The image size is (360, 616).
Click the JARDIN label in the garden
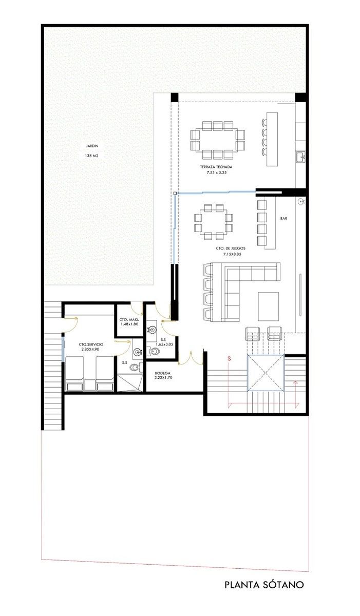click(92, 146)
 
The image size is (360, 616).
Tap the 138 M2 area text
click(92, 156)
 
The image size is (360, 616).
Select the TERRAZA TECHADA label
click(216, 167)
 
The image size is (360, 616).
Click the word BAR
click(284, 219)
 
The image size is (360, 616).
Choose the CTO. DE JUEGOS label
click(231, 248)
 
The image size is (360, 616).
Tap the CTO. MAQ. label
click(129, 319)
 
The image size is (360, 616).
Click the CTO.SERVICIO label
click(91, 344)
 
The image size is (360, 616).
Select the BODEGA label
click(162, 373)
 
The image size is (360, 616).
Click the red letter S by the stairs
click(229, 358)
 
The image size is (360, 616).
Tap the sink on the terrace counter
click(300, 157)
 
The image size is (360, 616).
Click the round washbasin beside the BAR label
click(301, 202)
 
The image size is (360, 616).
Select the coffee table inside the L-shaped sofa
click(269, 306)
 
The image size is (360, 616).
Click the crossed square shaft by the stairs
click(266, 373)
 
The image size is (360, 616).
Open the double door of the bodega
click(191, 359)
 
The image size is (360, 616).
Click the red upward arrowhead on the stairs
click(296, 382)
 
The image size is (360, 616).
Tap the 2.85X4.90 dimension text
click(90, 349)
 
